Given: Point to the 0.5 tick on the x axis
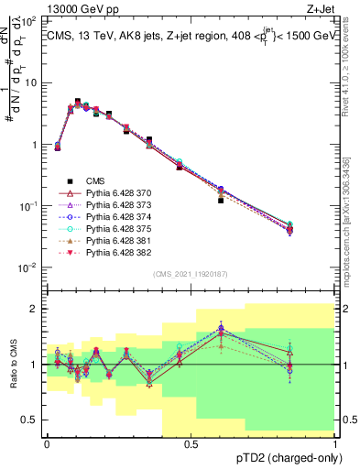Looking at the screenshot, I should point(191,445).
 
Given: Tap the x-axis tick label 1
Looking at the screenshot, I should point(335,445).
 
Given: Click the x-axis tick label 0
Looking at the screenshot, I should point(48,445).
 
